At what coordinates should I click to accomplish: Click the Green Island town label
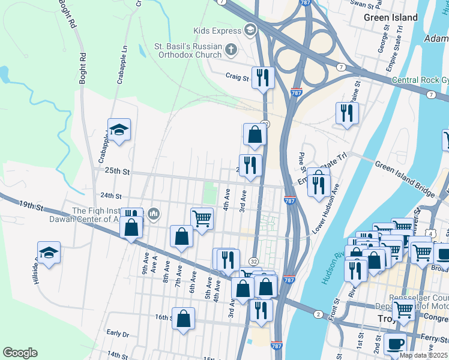click(391, 17)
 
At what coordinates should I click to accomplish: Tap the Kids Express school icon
click(250, 30)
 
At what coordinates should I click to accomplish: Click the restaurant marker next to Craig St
click(263, 77)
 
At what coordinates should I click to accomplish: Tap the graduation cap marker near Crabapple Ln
click(119, 130)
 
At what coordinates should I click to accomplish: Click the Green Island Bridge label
click(404, 178)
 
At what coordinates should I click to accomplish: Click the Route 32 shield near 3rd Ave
click(254, 262)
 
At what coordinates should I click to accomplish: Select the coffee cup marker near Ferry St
click(395, 344)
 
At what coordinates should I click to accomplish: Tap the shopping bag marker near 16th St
click(184, 318)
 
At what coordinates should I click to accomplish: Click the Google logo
click(20, 353)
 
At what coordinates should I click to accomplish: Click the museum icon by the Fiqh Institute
click(154, 214)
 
